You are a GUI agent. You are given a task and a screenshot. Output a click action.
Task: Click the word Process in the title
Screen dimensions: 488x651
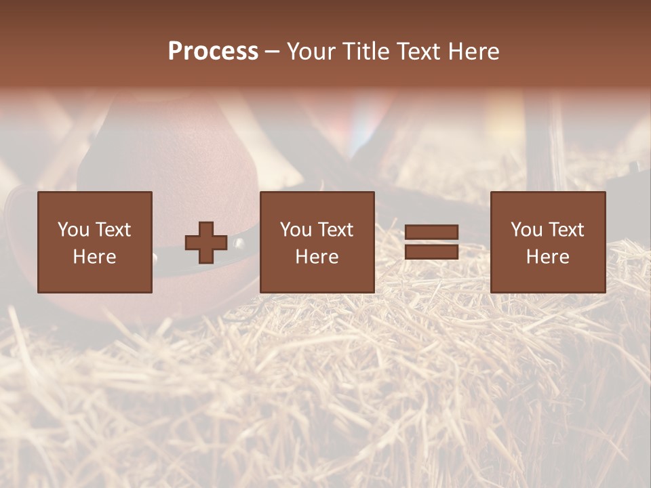click(x=213, y=52)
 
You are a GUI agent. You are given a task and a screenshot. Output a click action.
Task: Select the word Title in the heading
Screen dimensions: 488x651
click(x=367, y=52)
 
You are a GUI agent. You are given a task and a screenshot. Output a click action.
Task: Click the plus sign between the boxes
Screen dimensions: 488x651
click(x=206, y=243)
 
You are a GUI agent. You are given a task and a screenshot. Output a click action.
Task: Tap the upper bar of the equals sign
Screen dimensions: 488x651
click(x=431, y=232)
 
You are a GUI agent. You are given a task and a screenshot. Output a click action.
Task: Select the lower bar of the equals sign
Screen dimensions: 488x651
click(x=431, y=251)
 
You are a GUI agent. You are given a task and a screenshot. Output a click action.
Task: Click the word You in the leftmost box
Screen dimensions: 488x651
click(x=73, y=230)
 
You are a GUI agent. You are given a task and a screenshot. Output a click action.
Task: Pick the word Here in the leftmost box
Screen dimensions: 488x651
click(x=94, y=257)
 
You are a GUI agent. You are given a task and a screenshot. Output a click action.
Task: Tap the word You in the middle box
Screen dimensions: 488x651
click(x=296, y=230)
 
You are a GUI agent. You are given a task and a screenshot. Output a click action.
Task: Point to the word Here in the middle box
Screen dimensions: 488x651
click(x=317, y=257)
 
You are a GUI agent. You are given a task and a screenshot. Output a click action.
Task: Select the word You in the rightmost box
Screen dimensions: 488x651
click(x=526, y=230)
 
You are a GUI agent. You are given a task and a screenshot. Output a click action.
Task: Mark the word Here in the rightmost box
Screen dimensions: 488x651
click(x=547, y=257)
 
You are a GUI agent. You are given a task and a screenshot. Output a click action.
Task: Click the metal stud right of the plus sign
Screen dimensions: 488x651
click(x=239, y=242)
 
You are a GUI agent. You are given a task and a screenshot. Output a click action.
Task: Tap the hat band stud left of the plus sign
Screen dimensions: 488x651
click(x=155, y=257)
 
